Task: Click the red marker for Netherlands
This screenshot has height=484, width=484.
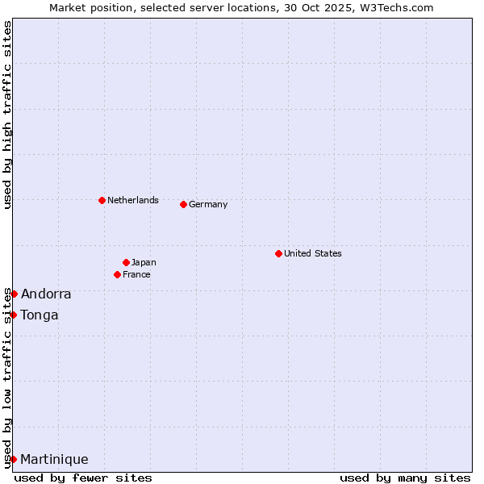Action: (x=102, y=200)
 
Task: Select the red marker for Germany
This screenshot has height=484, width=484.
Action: (x=183, y=204)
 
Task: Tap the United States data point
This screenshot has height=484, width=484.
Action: (x=278, y=253)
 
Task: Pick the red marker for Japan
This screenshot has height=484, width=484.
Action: (x=126, y=262)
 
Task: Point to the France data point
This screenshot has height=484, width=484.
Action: (x=117, y=274)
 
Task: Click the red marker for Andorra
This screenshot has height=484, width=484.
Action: (x=14, y=294)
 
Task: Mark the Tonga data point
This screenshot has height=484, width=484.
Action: (x=14, y=315)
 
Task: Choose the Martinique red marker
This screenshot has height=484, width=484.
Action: (x=13, y=459)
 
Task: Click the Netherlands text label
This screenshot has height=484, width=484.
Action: (x=132, y=200)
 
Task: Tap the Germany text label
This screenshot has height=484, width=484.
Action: (x=208, y=204)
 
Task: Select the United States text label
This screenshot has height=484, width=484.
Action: (x=312, y=253)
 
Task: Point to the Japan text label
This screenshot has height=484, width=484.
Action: (x=144, y=262)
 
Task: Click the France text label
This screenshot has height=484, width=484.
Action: (x=136, y=274)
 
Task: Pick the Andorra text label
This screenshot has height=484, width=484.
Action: (x=46, y=294)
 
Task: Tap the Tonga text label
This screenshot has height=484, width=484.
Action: (x=40, y=315)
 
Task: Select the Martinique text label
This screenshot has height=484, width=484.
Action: (x=54, y=459)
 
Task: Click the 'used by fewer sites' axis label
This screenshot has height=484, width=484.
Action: (x=83, y=478)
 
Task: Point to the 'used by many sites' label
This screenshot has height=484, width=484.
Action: (x=404, y=478)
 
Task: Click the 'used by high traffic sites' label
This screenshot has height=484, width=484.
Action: (x=7, y=115)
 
